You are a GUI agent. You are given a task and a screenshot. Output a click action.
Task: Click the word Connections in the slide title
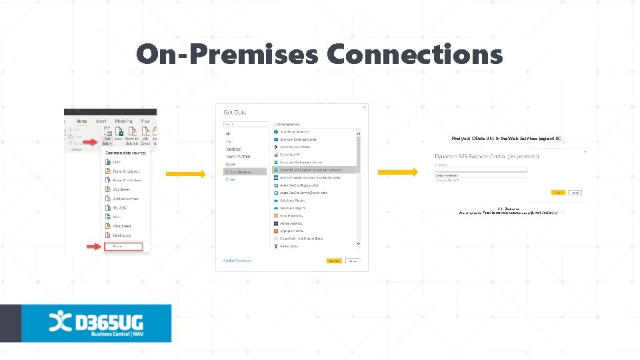(414, 54)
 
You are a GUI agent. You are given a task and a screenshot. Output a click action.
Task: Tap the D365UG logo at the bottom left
(97, 323)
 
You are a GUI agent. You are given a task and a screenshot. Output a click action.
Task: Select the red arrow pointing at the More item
(93, 247)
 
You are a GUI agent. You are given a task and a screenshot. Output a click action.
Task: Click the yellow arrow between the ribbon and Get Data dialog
(185, 175)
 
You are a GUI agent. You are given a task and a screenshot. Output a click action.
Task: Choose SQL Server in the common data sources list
(119, 189)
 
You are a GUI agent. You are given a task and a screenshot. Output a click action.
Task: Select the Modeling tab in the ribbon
(123, 121)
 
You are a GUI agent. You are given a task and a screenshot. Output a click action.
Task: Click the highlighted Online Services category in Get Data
(239, 171)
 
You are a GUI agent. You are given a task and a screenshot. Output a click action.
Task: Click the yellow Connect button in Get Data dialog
(333, 261)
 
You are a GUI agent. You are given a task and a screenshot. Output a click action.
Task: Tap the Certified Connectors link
(237, 261)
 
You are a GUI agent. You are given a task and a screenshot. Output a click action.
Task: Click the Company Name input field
(480, 180)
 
